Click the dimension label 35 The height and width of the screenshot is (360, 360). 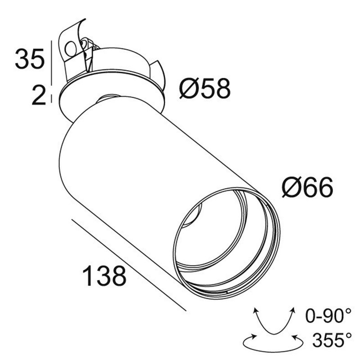pyautogui.click(x=30, y=59)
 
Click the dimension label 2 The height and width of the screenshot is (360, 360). pyautogui.click(x=39, y=94)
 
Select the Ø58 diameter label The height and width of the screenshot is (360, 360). pyautogui.click(x=205, y=88)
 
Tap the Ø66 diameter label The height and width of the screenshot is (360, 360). pyautogui.click(x=307, y=187)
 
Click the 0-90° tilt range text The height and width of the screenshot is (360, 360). pyautogui.click(x=328, y=316)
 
